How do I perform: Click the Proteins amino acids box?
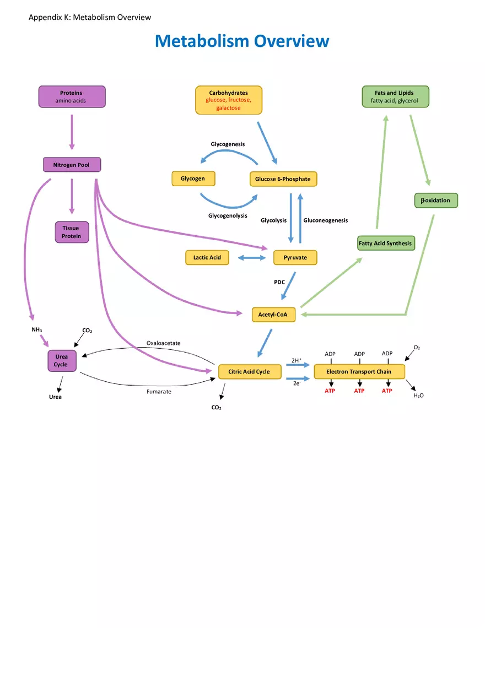coord(72,97)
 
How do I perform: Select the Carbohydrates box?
coord(229,100)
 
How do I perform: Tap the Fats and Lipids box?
coord(395,97)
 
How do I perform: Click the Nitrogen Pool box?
coord(72,165)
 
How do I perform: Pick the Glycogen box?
coord(193,178)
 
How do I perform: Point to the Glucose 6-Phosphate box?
coord(283,179)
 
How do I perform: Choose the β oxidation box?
coord(436,201)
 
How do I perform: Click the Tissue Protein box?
coord(72,232)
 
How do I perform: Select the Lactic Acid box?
coord(207,257)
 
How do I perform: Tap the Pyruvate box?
coord(295,257)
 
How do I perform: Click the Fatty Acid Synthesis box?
coord(386,243)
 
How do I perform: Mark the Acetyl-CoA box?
coord(273,315)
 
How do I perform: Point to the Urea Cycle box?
coord(61,361)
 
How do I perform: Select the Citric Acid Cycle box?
coord(249,372)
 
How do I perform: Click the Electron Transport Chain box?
coord(359,372)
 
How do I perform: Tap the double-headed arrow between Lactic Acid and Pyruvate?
coord(251,257)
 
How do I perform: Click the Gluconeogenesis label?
coord(325,220)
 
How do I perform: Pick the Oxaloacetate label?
coord(163,343)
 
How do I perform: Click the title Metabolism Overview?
coord(242,41)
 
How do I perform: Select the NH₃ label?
coord(36,329)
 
